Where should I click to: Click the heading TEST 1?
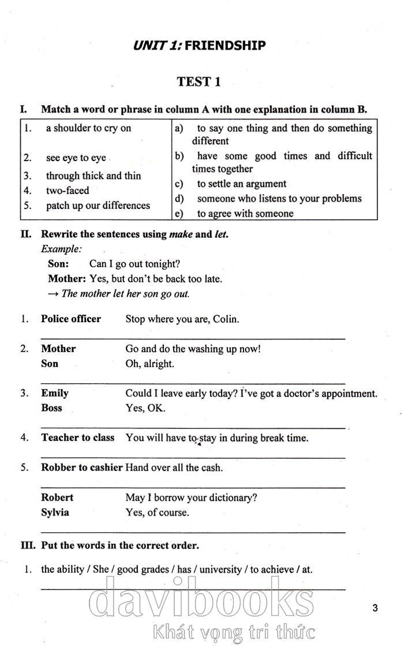(198, 82)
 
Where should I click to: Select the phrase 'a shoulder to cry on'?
(88, 128)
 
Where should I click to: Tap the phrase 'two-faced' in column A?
(67, 191)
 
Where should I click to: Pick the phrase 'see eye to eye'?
(76, 158)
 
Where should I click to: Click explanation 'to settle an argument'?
(241, 184)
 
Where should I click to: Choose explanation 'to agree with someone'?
(245, 214)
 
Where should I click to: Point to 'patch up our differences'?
(97, 206)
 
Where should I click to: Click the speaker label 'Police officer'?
(71, 319)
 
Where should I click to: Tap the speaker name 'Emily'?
(55, 393)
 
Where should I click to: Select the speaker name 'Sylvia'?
(55, 512)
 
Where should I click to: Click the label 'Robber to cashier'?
(81, 467)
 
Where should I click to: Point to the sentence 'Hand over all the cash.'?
(174, 468)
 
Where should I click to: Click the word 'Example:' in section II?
(61, 249)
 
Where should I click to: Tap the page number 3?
(375, 607)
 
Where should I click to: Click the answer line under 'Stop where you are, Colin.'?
(193, 338)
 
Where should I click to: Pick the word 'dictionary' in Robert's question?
(230, 497)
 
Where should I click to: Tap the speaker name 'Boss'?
(51, 408)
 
